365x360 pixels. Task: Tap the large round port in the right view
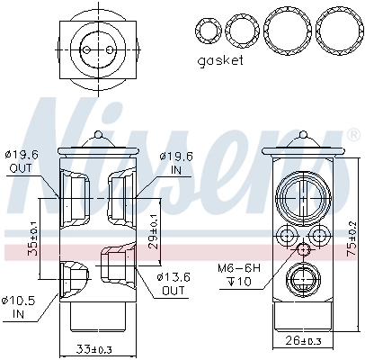pos(299,196)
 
